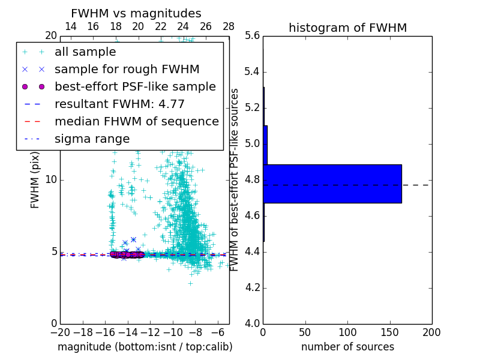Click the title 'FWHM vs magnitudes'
point(136,13)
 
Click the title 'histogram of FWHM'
point(347,28)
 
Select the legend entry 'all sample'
point(85,52)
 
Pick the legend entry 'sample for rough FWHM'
point(127,70)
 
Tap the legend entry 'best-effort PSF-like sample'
point(135,87)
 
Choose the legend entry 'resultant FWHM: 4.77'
point(119,104)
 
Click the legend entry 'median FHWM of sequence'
point(136,122)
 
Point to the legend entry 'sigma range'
point(92,139)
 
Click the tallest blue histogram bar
point(332,184)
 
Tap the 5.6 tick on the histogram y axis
point(252,36)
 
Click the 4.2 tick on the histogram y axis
point(252,287)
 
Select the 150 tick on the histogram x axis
point(389,332)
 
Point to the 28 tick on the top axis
point(229,26)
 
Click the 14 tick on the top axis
point(70,26)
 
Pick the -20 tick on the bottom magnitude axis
point(60,332)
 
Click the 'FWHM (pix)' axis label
point(35,179)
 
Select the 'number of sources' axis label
point(347,347)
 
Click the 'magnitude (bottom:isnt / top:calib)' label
point(145,347)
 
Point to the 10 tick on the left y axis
point(51,180)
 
